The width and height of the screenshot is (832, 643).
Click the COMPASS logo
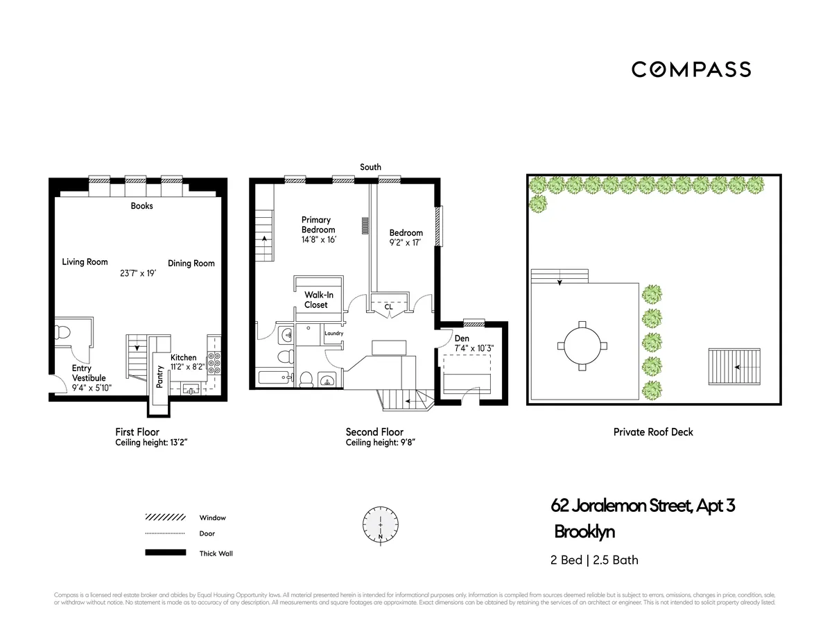click(691, 69)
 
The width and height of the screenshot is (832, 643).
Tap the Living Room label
click(85, 262)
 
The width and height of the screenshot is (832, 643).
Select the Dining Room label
click(191, 264)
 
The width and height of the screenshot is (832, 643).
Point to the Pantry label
click(160, 377)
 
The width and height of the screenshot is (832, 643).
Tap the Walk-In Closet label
click(315, 300)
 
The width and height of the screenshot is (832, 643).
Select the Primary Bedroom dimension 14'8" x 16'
click(318, 240)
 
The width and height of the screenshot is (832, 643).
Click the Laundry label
click(333, 334)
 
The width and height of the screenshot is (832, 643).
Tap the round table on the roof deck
click(582, 346)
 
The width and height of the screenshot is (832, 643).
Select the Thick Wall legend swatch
click(165, 553)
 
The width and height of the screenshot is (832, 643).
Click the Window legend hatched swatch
click(165, 517)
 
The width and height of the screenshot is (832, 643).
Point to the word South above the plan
click(370, 167)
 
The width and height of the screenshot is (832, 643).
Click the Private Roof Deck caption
click(653, 432)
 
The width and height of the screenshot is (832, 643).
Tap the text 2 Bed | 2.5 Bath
click(594, 560)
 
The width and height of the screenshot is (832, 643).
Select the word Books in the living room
click(141, 206)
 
